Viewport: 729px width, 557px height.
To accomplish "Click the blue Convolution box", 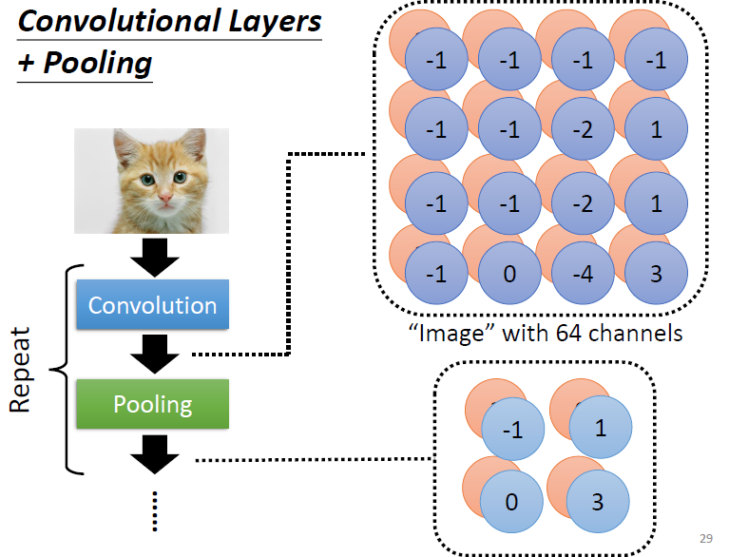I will pyautogui.click(x=152, y=306).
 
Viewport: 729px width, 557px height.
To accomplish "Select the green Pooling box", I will pyautogui.click(x=152, y=405).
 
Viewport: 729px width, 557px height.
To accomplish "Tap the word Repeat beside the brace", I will pyautogui.click(x=21, y=371).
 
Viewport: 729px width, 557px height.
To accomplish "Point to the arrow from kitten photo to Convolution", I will pyautogui.click(x=152, y=256).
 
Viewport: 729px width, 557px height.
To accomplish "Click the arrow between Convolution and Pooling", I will pyautogui.click(x=152, y=355).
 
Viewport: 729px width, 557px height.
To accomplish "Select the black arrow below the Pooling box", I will pyautogui.click(x=152, y=453).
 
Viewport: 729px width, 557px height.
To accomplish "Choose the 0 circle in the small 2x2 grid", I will pyautogui.click(x=511, y=501).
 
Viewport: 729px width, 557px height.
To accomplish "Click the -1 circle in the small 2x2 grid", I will pyautogui.click(x=511, y=429).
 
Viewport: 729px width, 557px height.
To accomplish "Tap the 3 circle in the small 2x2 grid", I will pyautogui.click(x=598, y=501).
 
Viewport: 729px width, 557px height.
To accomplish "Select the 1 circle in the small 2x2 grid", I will pyautogui.click(x=600, y=429).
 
